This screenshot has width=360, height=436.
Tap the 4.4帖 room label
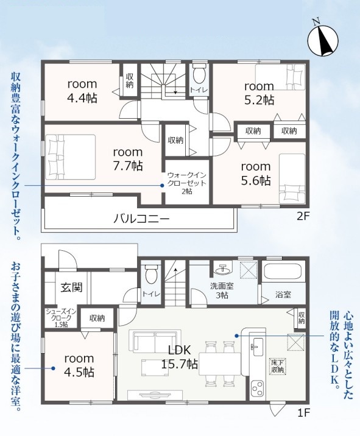82,91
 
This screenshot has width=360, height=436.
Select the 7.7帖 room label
128,159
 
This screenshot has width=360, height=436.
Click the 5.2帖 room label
259,93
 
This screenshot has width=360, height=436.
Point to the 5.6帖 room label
256,174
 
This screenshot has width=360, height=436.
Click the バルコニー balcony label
141,219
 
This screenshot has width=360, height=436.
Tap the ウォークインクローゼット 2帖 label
186,183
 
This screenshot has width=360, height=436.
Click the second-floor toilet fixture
199,73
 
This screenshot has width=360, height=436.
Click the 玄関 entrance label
71,287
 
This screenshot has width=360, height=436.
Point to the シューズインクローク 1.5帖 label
61,318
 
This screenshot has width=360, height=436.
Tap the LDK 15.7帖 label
180,356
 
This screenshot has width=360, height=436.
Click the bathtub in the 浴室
282,272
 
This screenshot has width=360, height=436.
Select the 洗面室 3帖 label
222,290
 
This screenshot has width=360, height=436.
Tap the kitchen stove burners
257,389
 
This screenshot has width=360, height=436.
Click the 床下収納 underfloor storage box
278,366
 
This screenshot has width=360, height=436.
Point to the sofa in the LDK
155,340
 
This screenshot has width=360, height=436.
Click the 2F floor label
303,216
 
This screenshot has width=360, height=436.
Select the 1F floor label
304,413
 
